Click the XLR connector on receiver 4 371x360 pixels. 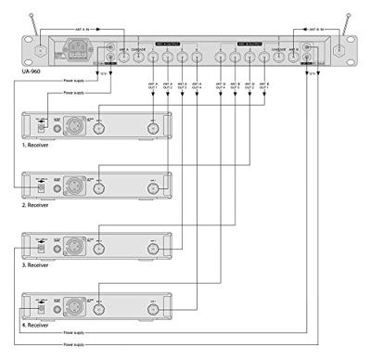(x=71, y=303)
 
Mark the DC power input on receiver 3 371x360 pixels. (x=40, y=249)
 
